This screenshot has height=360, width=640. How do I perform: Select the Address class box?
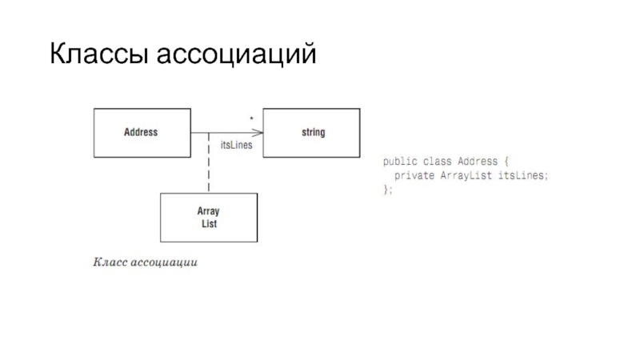click(x=142, y=133)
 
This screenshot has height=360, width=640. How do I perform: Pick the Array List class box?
click(x=209, y=218)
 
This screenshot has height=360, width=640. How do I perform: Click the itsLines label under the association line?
click(x=236, y=146)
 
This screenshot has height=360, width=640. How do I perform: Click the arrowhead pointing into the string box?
click(x=259, y=133)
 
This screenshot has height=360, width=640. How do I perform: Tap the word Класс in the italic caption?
click(x=110, y=262)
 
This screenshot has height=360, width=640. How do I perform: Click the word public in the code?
click(x=398, y=161)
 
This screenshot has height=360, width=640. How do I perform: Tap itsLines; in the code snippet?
click(x=524, y=175)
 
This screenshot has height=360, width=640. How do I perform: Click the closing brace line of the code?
click(x=388, y=190)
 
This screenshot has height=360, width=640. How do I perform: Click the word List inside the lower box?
click(x=209, y=224)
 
